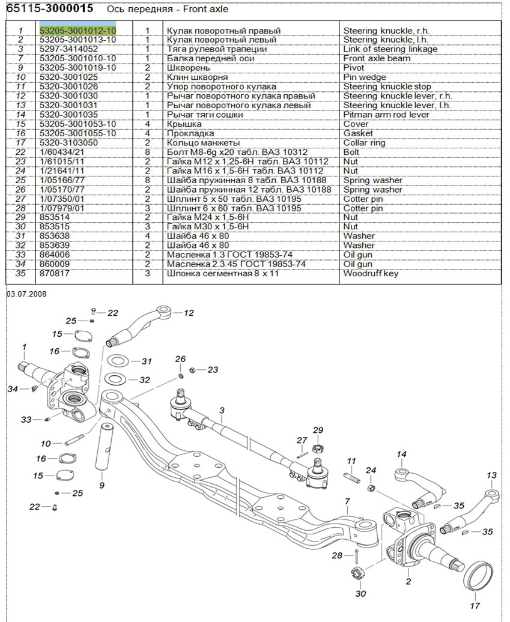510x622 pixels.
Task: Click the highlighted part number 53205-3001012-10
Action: [77, 31]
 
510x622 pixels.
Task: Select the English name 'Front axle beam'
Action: [377, 58]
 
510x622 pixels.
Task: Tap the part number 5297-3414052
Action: [69, 49]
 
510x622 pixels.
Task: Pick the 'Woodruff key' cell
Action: [371, 273]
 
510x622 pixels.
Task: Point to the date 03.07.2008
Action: [26, 294]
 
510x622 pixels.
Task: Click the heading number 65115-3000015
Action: [49, 10]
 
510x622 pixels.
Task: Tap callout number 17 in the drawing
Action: [475, 606]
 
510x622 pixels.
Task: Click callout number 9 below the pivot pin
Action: [101, 485]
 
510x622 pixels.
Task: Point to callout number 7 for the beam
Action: [347, 501]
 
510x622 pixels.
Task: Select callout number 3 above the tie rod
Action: [221, 411]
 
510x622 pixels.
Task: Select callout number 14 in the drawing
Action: [401, 454]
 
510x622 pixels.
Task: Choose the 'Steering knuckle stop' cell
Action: [387, 86]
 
